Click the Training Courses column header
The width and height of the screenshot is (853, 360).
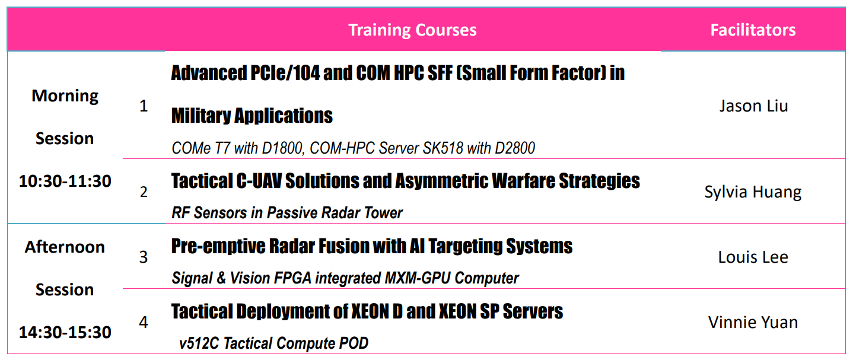pos(412,30)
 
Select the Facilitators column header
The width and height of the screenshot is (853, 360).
pos(753,30)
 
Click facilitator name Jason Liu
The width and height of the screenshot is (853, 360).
pos(753,106)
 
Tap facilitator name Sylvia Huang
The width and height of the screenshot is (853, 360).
pos(753,192)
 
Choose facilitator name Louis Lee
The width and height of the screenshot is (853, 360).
pos(753,257)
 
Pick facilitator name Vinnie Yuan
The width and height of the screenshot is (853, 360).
pos(753,322)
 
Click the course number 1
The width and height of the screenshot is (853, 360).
pos(144,106)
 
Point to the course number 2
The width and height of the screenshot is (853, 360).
pos(144,192)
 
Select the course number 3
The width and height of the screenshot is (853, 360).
pos(144,257)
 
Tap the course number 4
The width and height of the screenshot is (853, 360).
pos(144,322)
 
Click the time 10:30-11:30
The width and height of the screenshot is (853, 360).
pos(65,181)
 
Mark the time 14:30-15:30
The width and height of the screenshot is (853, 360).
pos(65,333)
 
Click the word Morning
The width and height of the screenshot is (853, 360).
pos(65,96)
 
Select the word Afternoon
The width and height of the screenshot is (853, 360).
pos(65,247)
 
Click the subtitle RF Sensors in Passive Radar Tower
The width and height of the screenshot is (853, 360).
pos(287,213)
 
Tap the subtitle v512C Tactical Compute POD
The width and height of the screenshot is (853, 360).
pos(273,343)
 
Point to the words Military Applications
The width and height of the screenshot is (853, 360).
pos(252,116)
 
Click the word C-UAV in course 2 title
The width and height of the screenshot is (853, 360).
pos(259,181)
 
